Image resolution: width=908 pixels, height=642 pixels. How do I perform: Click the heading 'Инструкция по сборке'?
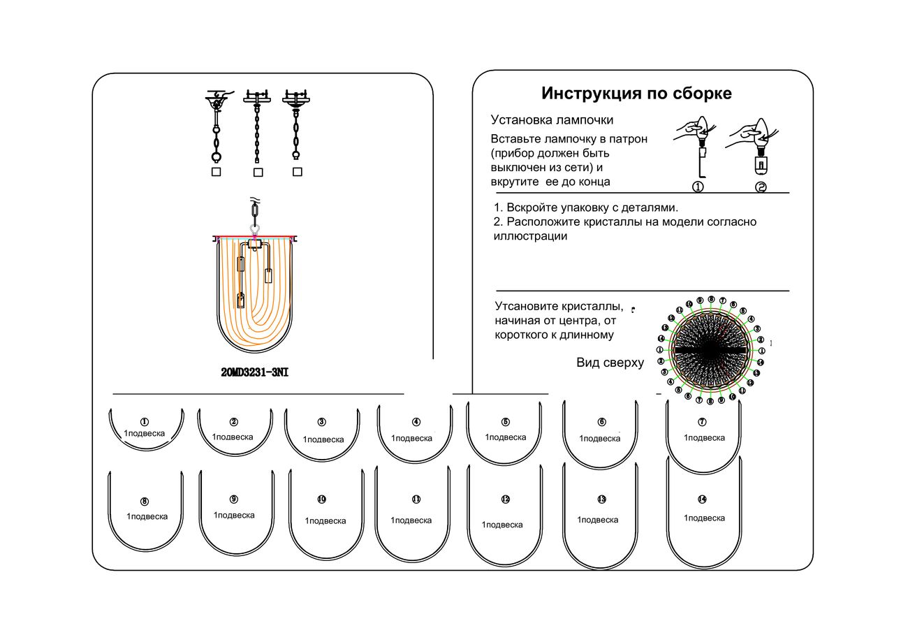[636, 94]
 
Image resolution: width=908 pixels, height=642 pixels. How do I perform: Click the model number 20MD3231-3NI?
[254, 373]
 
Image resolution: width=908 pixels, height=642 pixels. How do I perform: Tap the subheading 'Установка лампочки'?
[552, 120]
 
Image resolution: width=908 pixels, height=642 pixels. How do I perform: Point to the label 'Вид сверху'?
[610, 363]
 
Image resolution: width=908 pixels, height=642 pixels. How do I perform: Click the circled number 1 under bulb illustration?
[697, 187]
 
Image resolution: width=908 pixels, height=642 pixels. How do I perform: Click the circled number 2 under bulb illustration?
[761, 187]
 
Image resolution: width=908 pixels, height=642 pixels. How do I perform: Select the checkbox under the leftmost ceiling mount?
[217, 171]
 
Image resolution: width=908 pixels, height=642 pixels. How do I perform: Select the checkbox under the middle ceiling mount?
[258, 172]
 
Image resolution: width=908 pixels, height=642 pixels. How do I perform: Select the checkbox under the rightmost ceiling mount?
[298, 171]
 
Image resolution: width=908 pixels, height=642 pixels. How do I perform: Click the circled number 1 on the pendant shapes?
[144, 421]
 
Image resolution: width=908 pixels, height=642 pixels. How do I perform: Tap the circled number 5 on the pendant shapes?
[506, 422]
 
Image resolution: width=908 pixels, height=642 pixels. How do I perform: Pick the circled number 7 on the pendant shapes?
[702, 422]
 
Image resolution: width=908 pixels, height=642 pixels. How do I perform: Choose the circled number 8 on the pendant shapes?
[145, 502]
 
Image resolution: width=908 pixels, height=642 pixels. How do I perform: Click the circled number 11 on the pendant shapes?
[416, 499]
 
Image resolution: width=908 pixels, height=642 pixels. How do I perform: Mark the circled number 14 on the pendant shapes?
[702, 499]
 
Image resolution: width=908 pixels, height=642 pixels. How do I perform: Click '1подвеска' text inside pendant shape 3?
[323, 440]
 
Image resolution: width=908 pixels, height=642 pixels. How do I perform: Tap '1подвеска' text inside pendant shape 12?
[502, 525]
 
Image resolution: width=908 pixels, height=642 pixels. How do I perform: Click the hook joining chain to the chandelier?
[255, 228]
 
